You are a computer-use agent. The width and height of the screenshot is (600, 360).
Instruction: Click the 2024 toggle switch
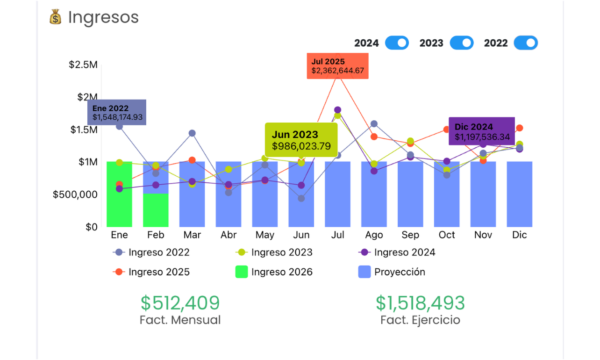(x=397, y=43)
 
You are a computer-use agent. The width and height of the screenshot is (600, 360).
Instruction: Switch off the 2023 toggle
(x=462, y=43)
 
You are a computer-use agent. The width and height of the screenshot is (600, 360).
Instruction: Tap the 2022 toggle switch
(x=526, y=43)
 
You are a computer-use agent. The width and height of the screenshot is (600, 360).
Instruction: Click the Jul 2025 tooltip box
(x=337, y=66)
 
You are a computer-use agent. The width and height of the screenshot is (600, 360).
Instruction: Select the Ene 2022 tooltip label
(x=117, y=113)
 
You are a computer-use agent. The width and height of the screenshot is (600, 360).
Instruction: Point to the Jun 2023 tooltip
(x=301, y=140)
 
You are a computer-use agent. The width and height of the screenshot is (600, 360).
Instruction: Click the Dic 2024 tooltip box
(x=482, y=131)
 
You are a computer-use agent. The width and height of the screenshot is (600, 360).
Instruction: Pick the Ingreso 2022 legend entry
(x=151, y=252)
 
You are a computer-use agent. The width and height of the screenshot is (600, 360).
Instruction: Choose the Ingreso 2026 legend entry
(x=274, y=272)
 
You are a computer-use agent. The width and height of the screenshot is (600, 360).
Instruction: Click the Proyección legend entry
(x=392, y=272)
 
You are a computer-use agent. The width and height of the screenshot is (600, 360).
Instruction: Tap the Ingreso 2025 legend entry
(x=151, y=272)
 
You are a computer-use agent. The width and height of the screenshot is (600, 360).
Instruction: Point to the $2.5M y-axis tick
(x=83, y=65)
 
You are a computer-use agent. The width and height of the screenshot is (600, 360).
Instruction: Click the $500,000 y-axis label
(x=75, y=194)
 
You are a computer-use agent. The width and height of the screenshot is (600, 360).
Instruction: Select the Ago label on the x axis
(x=374, y=235)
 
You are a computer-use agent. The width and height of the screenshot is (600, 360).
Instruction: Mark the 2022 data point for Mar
(x=192, y=133)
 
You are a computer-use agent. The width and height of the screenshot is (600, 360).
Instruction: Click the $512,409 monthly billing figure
(x=180, y=303)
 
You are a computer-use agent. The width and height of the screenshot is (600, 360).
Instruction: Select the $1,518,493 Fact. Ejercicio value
(x=420, y=303)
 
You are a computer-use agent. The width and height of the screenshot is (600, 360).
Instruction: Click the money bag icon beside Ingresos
(x=56, y=18)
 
